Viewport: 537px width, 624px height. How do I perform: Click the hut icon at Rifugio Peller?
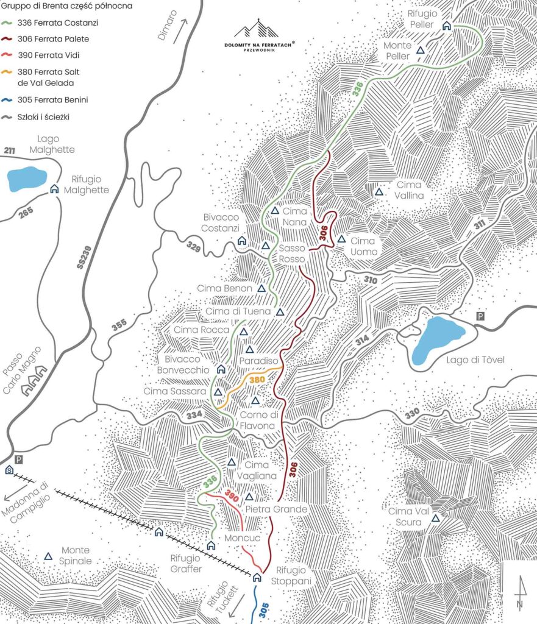pyautogui.click(x=446, y=26)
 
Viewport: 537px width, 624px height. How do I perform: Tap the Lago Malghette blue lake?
pyautogui.click(x=27, y=179)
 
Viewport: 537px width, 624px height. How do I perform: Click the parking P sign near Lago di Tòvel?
pyautogui.click(x=481, y=316)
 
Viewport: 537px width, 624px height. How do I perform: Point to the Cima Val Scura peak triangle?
pyautogui.click(x=435, y=519)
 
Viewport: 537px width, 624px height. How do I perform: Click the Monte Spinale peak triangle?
pyautogui.click(x=48, y=556)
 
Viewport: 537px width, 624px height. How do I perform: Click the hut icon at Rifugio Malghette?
pyautogui.click(x=54, y=189)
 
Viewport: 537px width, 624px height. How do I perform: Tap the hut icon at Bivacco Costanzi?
pyautogui.click(x=241, y=241)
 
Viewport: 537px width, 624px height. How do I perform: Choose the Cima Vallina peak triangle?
pyautogui.click(x=379, y=192)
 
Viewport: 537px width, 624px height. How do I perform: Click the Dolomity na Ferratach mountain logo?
pyautogui.click(x=256, y=29)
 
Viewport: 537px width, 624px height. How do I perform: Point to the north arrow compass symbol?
pyautogui.click(x=519, y=594)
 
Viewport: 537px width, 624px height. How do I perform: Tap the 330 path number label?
pyautogui.click(x=412, y=414)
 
